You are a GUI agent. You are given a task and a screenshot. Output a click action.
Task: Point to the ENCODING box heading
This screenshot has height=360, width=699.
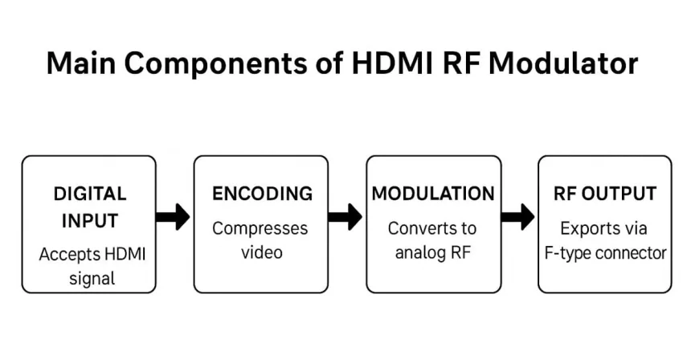262,194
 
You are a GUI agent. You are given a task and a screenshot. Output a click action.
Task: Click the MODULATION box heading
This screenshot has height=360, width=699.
433,194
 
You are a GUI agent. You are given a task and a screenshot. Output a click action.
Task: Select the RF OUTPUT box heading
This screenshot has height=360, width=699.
605,194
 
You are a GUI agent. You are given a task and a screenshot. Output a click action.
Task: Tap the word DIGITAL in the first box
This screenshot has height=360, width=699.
90,194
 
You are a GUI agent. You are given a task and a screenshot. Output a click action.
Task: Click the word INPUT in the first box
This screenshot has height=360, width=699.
90,221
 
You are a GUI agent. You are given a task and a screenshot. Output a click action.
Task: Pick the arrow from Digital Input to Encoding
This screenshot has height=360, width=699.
173,216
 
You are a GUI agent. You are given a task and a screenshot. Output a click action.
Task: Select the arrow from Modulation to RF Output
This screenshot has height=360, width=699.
517,216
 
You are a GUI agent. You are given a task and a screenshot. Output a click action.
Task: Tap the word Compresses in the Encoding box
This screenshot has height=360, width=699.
260,228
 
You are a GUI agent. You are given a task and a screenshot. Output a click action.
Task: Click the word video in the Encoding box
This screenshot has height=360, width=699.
262,252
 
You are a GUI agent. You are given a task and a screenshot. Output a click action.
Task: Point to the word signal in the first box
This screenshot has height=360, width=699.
90,279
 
